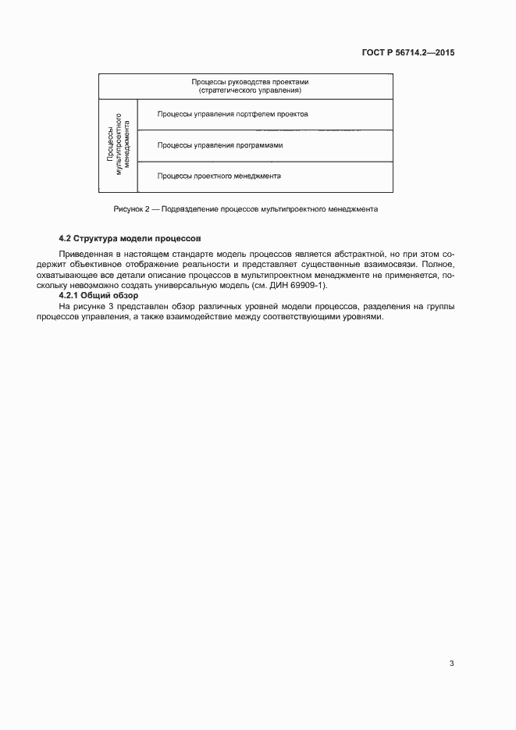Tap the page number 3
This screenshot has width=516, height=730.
(x=451, y=664)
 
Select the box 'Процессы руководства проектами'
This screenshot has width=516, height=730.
(x=245, y=86)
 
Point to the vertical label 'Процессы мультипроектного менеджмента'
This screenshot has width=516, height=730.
(x=119, y=145)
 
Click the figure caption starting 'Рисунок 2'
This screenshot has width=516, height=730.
(x=245, y=210)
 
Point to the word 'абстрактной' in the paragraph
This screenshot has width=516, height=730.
(x=359, y=255)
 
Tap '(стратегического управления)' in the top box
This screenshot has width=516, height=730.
(x=245, y=91)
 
